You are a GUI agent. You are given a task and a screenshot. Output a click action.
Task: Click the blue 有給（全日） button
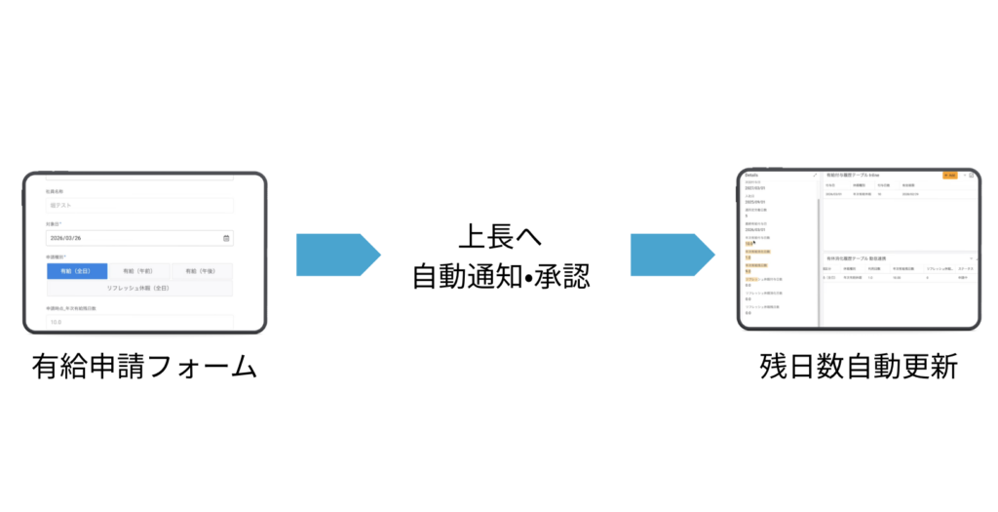[x=77, y=272]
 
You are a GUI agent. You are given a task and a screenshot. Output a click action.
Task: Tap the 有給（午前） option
[x=139, y=272]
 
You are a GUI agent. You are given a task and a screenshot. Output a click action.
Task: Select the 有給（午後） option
[x=202, y=272]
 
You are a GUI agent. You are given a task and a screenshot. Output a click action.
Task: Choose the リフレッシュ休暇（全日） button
[x=139, y=288]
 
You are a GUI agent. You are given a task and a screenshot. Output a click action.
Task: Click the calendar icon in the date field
[x=226, y=238]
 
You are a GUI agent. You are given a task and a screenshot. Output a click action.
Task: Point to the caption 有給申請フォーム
[x=144, y=368]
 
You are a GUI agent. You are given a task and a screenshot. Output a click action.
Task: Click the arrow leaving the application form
[x=337, y=255]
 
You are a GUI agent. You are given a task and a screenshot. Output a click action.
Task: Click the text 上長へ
[x=499, y=237]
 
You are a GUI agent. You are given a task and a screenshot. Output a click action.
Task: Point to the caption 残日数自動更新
[x=859, y=368]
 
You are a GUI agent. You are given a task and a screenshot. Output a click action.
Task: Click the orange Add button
[x=950, y=176]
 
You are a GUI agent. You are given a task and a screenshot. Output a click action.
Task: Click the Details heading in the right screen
[x=751, y=176]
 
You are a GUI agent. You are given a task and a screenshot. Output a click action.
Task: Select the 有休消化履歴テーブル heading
[x=855, y=257]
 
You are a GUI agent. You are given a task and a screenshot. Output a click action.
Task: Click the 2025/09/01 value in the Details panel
[x=755, y=202]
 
